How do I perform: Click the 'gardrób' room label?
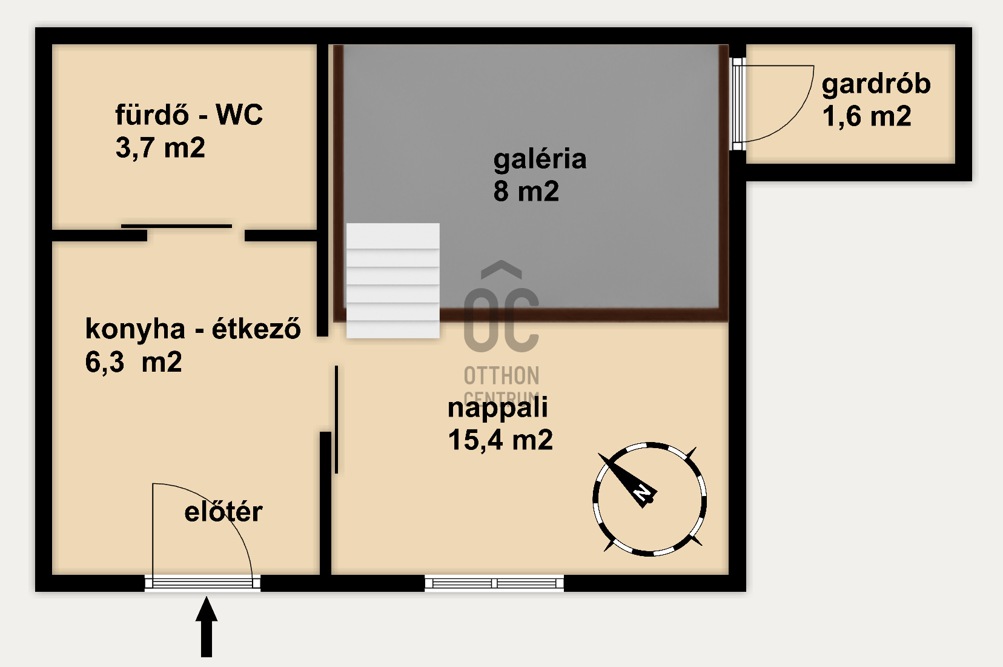(x=876, y=85)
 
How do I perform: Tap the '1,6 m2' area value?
(x=867, y=116)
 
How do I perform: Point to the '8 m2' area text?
(x=526, y=191)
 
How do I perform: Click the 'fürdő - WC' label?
(x=189, y=115)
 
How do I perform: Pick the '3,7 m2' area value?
(x=161, y=147)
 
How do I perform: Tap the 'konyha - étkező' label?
(x=193, y=329)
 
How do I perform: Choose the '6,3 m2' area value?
(x=133, y=362)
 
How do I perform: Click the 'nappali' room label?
(x=497, y=409)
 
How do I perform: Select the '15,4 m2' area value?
(x=500, y=440)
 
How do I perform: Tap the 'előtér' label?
(x=223, y=512)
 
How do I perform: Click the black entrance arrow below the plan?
(x=207, y=626)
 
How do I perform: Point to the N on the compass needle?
(x=643, y=494)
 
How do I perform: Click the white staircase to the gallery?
(x=392, y=281)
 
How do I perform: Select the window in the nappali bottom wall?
(x=494, y=583)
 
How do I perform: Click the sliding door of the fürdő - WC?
(x=176, y=226)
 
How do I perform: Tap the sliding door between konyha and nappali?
(x=336, y=419)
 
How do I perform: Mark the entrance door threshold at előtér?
(x=202, y=583)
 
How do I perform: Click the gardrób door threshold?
(x=738, y=104)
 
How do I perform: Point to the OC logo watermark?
(x=501, y=332)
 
